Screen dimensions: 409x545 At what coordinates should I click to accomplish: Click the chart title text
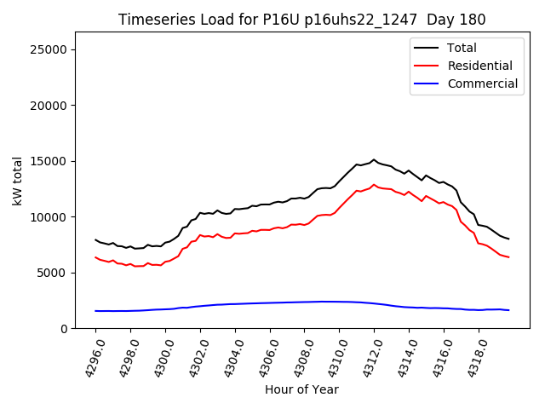point(302,20)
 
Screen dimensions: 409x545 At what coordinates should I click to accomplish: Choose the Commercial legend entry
point(482,84)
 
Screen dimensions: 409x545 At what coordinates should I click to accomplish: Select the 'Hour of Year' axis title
point(301,389)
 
